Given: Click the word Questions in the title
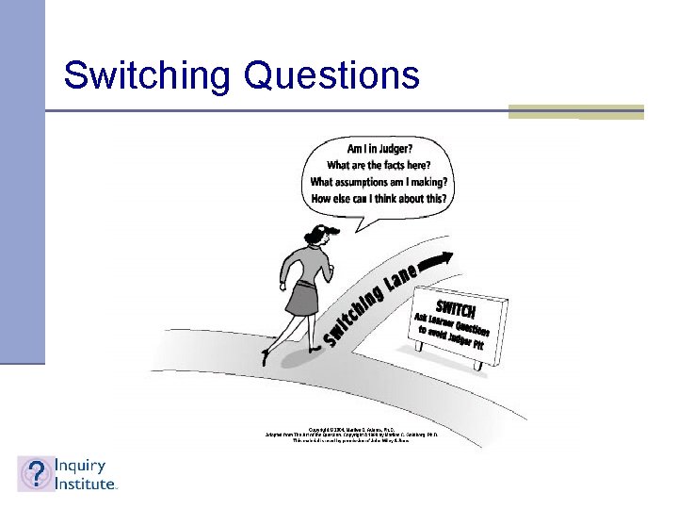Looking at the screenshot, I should click(x=331, y=75).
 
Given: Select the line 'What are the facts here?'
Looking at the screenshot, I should click(x=379, y=165).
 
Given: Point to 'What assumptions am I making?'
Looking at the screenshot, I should click(x=379, y=182).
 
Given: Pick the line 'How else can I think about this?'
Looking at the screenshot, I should click(x=379, y=199).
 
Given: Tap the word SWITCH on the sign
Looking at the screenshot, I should click(x=456, y=307).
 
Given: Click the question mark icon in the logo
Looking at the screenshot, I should click(x=35, y=473).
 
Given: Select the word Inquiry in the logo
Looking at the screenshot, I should click(x=79, y=466).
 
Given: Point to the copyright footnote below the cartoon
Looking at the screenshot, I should click(x=358, y=435).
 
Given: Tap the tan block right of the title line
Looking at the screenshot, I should click(x=575, y=111).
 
